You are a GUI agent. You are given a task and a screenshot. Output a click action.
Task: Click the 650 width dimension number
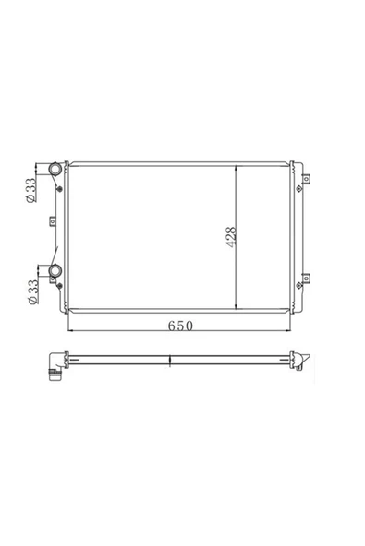click(x=180, y=326)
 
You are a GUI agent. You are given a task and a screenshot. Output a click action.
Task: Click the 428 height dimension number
click(x=231, y=237)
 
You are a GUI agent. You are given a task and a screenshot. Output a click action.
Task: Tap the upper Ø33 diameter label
click(x=30, y=190)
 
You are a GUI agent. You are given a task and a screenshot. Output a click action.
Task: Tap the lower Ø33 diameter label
click(x=33, y=292)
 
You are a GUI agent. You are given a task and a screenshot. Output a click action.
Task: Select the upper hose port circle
click(x=55, y=169)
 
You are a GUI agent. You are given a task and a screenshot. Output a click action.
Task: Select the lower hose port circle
click(x=55, y=270)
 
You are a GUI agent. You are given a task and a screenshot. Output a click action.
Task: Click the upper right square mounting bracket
click(x=306, y=179)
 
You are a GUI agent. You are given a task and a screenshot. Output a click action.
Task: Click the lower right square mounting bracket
click(x=306, y=279)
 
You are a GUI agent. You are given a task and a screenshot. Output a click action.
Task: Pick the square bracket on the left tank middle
click(x=53, y=221)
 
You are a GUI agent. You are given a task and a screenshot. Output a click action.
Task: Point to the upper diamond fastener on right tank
click(x=299, y=189)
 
